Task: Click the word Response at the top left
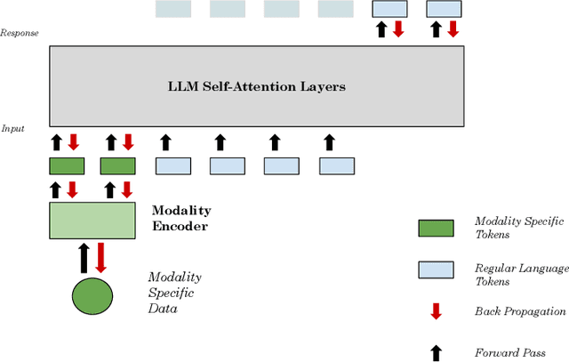point(19,33)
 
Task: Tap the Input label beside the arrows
point(12,129)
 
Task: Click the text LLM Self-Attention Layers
point(256,87)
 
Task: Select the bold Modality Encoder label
point(181,218)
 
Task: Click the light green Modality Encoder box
point(92,220)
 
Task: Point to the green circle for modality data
point(92,296)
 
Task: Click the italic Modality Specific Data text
point(175,293)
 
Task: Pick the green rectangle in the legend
point(436,228)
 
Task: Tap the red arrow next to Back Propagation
point(436,311)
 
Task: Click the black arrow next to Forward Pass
point(436,352)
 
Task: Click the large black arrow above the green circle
point(84,256)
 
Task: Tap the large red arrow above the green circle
point(100,256)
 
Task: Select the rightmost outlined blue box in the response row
point(445,9)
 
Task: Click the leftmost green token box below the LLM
point(66,165)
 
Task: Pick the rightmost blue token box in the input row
point(337,165)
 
